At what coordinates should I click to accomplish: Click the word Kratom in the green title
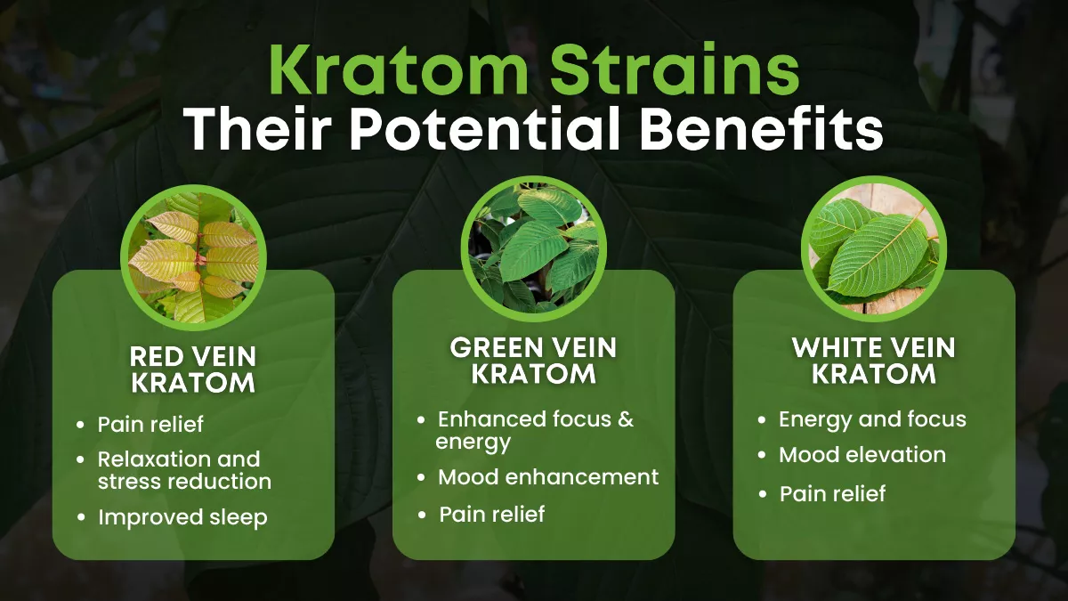[x=399, y=69]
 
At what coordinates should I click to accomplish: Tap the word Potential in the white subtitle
[x=484, y=129]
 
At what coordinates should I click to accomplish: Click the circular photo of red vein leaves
[x=194, y=257]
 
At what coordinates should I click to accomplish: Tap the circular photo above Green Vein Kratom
[x=534, y=248]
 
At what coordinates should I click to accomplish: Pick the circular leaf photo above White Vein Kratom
[x=874, y=248]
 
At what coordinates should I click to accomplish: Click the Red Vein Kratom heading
[x=193, y=370]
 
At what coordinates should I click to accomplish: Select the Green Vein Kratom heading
[x=533, y=360]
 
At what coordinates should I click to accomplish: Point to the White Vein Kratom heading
[x=874, y=360]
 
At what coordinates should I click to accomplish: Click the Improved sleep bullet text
[x=182, y=518]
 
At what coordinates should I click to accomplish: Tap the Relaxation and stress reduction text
[x=184, y=470]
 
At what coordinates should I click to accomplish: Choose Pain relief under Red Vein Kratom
[x=150, y=424]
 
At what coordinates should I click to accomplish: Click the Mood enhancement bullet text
[x=548, y=477]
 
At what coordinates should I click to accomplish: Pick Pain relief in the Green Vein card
[x=491, y=515]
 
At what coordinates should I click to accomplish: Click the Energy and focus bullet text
[x=872, y=420]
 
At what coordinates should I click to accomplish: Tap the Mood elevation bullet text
[x=862, y=455]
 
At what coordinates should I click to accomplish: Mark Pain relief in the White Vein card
[x=832, y=493]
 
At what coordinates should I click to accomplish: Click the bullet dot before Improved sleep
[x=81, y=517]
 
